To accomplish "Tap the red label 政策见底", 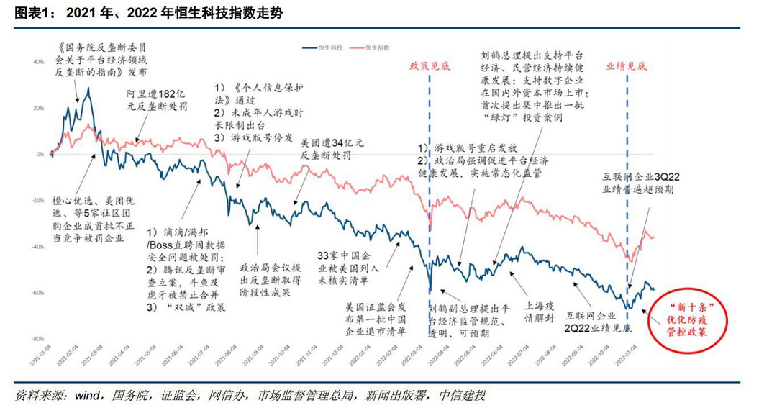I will pyautogui.click(x=430, y=65).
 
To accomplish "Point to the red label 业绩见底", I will pyautogui.click(x=627, y=65).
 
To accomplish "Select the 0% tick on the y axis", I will pyautogui.click(x=41, y=154).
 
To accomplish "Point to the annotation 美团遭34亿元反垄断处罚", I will pyautogui.click(x=325, y=148).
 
